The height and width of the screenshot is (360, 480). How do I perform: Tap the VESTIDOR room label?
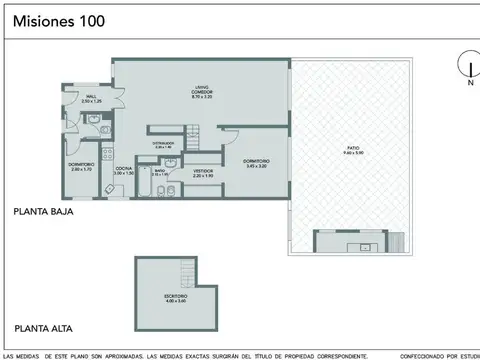pos(203,172)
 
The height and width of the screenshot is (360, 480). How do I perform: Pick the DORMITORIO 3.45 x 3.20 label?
pos(254,163)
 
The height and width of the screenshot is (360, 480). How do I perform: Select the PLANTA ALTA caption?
pos(41,327)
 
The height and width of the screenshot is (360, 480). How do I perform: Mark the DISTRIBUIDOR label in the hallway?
pos(164,143)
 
